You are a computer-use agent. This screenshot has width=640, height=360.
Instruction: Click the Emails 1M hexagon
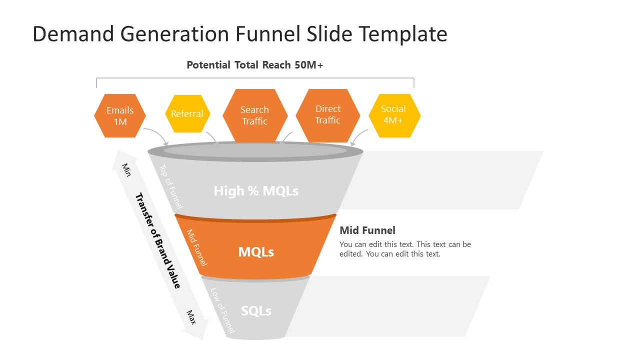[x=120, y=115]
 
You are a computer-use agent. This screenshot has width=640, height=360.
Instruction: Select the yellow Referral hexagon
[x=187, y=114]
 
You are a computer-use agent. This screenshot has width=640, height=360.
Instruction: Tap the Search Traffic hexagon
[x=255, y=115]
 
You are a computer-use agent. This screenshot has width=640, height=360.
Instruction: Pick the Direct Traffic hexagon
[x=328, y=114]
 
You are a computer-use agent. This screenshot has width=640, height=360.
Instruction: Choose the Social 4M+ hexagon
[x=394, y=114]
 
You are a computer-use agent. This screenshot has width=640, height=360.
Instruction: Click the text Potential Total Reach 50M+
[x=255, y=65]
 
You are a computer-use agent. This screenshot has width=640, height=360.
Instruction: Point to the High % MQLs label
[x=256, y=191]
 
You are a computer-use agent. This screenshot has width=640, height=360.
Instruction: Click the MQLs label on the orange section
[x=256, y=252]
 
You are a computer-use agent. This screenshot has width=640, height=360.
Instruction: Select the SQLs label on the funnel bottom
[x=256, y=311]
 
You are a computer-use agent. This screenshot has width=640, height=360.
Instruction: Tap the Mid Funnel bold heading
[x=367, y=230]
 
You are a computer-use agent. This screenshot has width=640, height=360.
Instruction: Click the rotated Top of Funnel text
[x=171, y=186]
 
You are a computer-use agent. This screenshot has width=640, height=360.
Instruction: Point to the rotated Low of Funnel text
[x=222, y=310]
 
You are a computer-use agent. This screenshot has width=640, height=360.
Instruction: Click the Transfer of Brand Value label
[x=158, y=240]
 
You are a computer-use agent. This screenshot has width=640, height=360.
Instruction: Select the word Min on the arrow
[x=126, y=169]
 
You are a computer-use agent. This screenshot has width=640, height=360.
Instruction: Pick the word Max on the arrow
[x=191, y=317]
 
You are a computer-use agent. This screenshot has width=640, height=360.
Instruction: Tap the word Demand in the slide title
[x=71, y=34]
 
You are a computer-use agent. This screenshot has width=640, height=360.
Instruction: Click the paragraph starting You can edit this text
[x=405, y=249]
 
